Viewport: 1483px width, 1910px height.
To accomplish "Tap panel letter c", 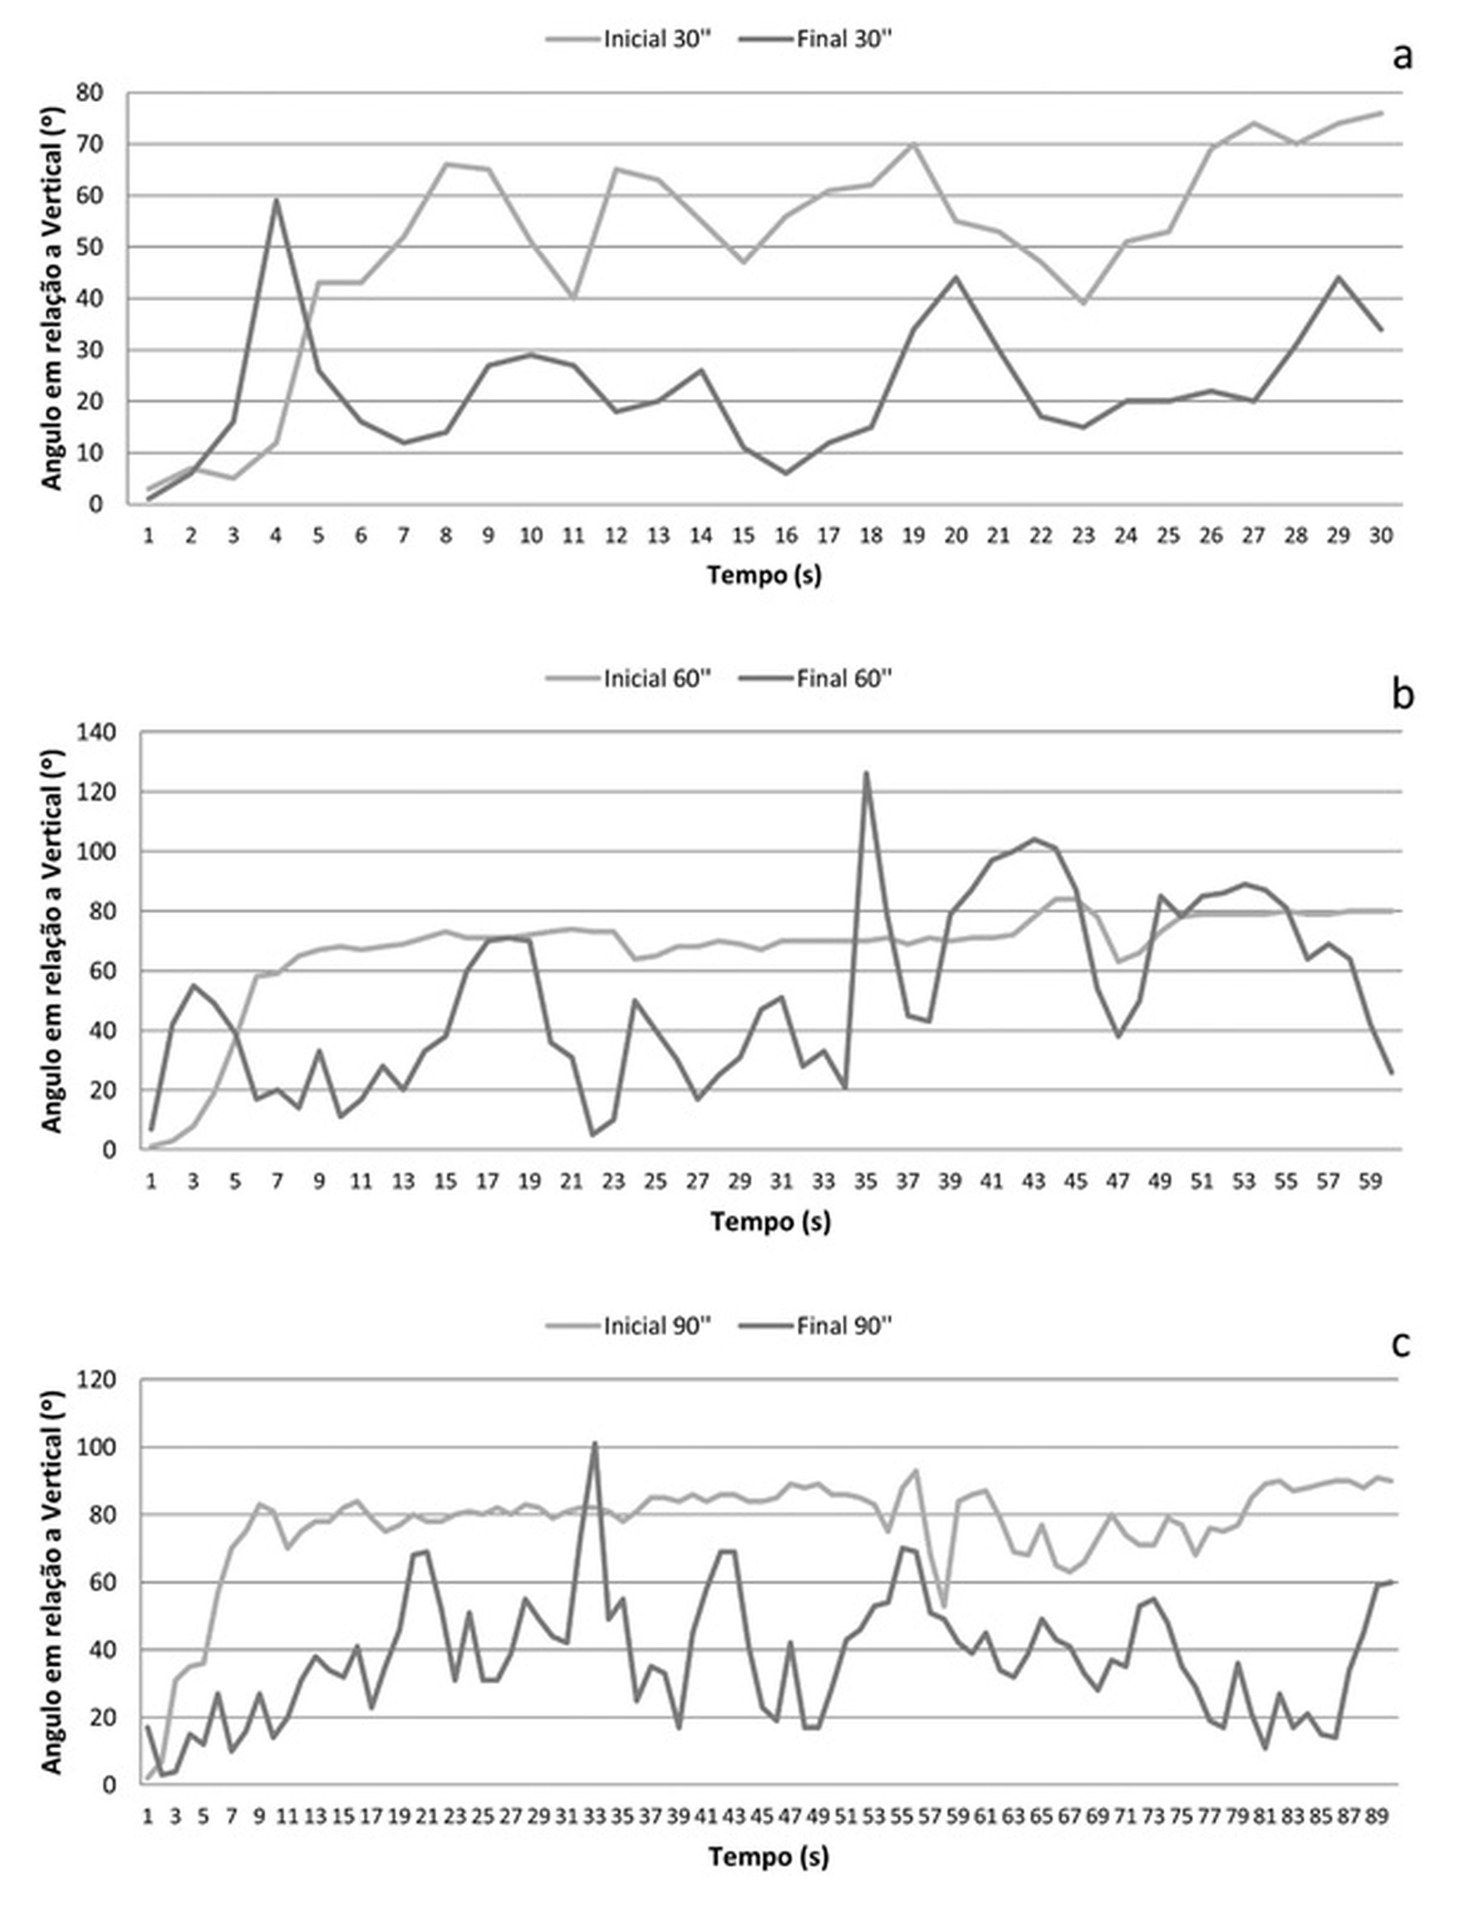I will coord(1402,1344).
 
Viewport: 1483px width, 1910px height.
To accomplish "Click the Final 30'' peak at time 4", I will coord(277,200).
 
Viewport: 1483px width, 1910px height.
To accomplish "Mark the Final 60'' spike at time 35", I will coord(866,773).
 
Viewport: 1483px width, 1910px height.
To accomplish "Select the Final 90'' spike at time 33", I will coord(595,1443).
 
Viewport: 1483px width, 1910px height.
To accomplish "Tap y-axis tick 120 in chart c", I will coord(96,1380).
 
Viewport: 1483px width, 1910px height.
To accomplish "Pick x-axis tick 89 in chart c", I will coord(1377,1816).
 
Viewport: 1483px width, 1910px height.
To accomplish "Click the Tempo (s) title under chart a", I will coord(764,575).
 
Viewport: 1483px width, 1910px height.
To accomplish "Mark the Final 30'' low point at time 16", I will coord(786,473).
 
